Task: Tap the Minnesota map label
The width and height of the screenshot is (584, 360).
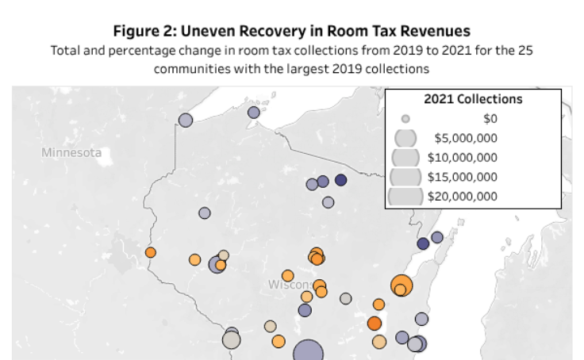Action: point(71,152)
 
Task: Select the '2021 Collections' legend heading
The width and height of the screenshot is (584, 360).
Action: point(473,99)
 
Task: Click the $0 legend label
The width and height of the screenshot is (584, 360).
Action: point(490,118)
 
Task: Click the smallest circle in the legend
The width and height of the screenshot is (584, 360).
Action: point(405,118)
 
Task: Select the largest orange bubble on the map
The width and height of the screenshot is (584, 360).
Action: point(401,285)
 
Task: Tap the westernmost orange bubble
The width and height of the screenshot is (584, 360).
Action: point(150,252)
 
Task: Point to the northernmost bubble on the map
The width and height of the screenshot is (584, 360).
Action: point(254,112)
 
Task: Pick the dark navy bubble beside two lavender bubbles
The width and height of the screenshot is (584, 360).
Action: point(340,180)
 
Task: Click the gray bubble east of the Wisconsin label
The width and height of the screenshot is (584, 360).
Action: point(345,298)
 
